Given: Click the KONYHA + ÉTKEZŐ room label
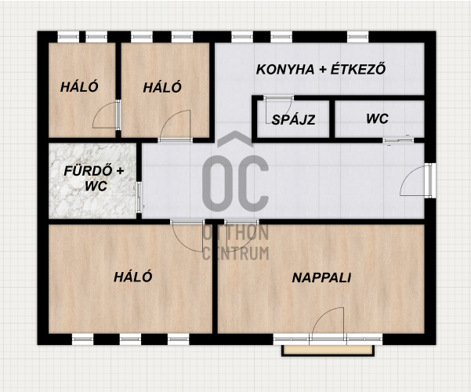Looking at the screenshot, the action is tap(321, 70).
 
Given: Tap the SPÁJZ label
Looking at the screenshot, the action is tap(293, 120).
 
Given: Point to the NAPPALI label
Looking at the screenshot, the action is tap(321, 278).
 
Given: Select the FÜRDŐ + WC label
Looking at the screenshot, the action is tap(94, 178).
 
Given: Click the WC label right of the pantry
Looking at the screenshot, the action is tap(377, 118).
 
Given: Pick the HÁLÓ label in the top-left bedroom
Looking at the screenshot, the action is tap(79, 87).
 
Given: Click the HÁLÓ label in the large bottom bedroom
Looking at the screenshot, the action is tap(132, 277).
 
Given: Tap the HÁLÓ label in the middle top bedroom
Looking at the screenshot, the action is tap(162, 87).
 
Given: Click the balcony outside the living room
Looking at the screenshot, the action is tap(328, 350).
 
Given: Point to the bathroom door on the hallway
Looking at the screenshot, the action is tap(139, 198).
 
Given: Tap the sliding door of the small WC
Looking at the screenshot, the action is tap(398, 140).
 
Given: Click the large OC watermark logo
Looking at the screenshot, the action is tap(235, 172).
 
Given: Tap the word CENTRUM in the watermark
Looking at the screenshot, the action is tap(235, 253).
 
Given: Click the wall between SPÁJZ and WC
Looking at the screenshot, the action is tap(332, 119).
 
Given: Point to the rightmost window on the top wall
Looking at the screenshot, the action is tap(357, 37).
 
